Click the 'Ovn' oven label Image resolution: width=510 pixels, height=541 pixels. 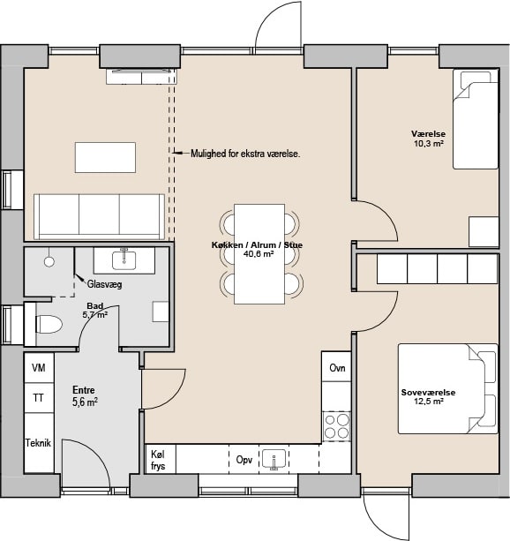(337, 368)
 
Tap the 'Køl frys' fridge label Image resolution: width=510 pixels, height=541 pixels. (158, 461)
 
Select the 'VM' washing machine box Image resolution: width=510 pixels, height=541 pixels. (39, 367)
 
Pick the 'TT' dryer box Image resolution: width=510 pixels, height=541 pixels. (39, 398)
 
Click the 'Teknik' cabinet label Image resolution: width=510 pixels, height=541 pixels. (38, 443)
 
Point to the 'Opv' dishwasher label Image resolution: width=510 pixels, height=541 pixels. (244, 460)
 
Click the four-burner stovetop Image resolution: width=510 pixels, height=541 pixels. (336, 426)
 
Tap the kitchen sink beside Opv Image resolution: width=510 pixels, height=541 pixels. (274, 460)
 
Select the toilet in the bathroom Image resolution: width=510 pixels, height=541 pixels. (49, 324)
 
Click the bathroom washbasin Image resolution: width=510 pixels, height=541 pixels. (124, 260)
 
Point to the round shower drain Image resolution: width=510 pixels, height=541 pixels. (49, 261)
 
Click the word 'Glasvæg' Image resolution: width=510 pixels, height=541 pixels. (104, 284)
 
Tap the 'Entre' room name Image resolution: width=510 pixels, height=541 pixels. (84, 390)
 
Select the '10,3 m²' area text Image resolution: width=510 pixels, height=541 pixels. (429, 144)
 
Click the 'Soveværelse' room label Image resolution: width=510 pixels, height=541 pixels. (428, 393)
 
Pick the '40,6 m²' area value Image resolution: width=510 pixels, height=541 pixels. (259, 254)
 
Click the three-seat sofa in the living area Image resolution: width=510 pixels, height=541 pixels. (99, 217)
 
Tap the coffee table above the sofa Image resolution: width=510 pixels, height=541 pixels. (105, 157)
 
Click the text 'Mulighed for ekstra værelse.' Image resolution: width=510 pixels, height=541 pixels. (245, 154)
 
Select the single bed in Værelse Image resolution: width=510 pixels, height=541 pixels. (476, 119)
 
